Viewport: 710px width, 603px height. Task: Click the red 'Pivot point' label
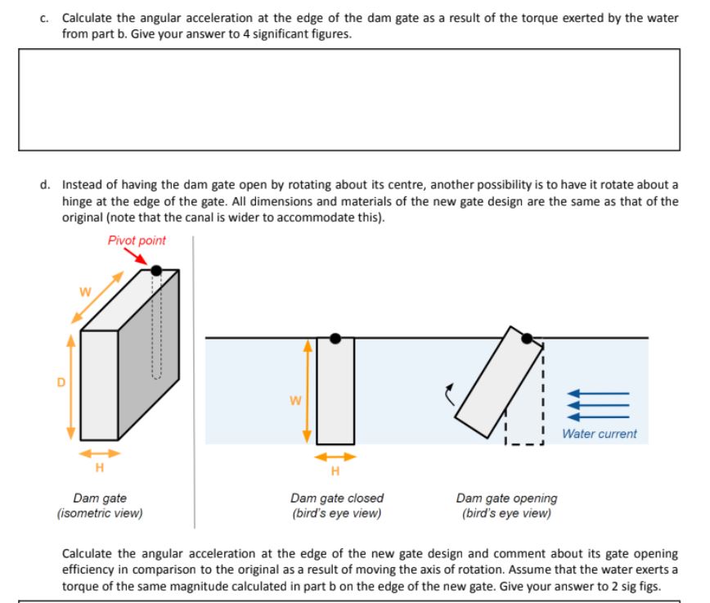136,241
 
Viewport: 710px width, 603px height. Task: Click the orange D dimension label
59,382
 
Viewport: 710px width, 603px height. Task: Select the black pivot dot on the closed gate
335,338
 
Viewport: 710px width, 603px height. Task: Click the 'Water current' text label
599,434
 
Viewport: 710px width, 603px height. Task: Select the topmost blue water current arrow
599,394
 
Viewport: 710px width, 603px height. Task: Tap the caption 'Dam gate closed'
336,497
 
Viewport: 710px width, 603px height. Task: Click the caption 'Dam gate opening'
506,497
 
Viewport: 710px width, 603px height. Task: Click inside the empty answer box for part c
348,99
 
